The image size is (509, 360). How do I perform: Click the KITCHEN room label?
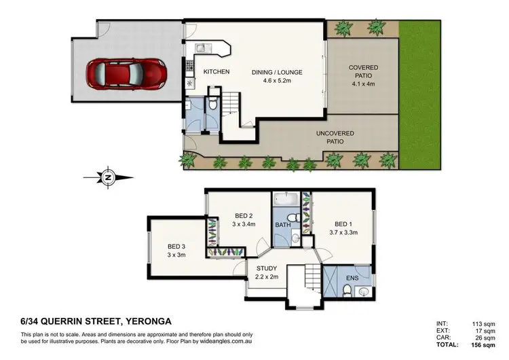coord(216,72)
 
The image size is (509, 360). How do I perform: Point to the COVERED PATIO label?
coord(363,72)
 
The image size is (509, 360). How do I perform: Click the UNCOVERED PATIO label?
coord(335,138)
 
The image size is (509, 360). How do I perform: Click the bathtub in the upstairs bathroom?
coord(284,200)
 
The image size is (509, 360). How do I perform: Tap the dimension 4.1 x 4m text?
coord(363,85)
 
